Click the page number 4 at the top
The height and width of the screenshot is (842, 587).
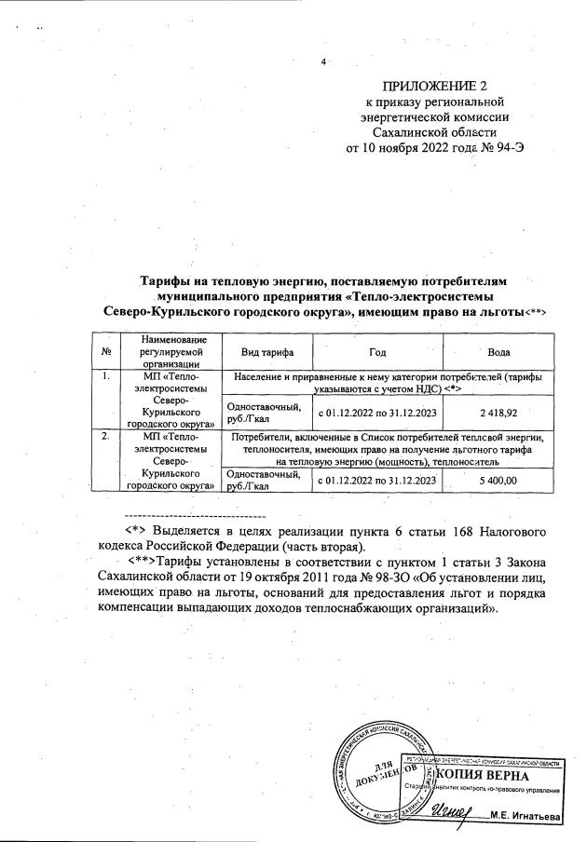(321, 62)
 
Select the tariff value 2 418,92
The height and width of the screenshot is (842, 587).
(498, 411)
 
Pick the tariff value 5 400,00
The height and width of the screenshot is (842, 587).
(498, 480)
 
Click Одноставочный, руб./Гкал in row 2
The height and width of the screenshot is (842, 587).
(264, 480)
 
